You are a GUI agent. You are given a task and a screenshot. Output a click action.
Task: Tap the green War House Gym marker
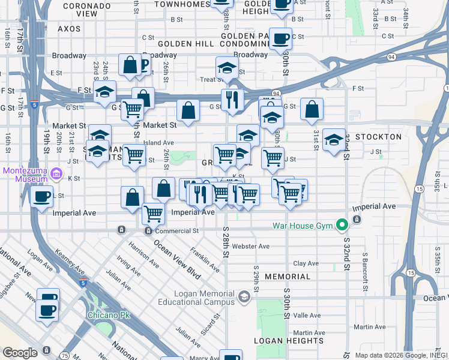(342, 226)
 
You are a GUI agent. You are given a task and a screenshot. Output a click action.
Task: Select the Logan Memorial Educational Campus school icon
(244, 296)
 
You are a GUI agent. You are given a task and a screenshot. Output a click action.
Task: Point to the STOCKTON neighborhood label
(378, 137)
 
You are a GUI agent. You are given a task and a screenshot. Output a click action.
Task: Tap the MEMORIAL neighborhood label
(288, 277)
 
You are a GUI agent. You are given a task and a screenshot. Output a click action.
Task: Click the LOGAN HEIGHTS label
(289, 340)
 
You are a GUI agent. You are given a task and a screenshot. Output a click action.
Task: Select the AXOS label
(69, 28)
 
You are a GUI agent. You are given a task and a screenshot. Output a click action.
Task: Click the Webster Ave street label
(250, 246)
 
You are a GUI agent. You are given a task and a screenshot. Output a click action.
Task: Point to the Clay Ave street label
(306, 263)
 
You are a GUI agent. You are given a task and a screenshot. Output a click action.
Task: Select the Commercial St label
(176, 230)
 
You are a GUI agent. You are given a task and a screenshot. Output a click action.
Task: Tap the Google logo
(19, 353)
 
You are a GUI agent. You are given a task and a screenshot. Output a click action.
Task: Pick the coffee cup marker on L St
(42, 197)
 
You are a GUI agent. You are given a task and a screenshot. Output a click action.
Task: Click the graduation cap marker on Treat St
(228, 68)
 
